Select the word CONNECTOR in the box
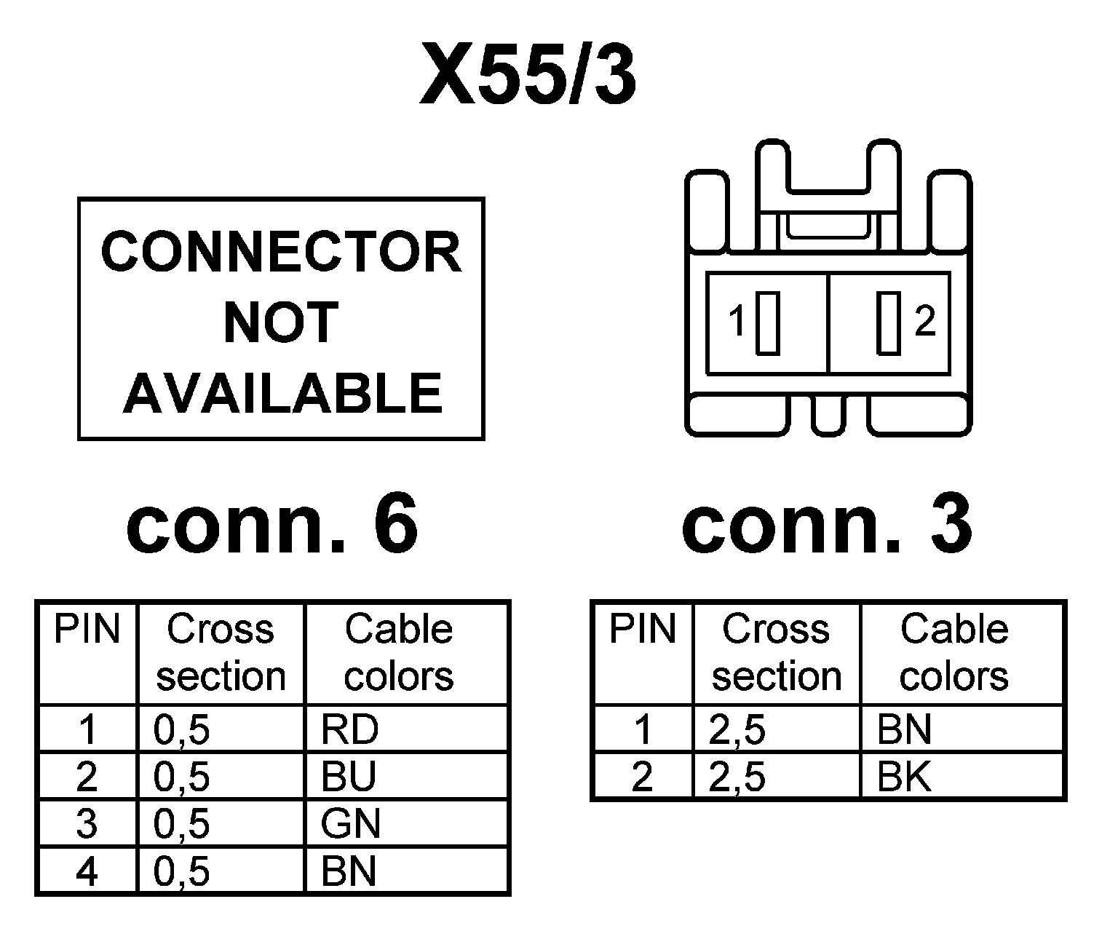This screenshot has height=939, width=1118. (281, 253)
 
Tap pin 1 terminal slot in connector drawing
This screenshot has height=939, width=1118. (768, 322)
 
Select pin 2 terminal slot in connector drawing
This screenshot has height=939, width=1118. (888, 322)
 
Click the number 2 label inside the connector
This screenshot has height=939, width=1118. (924, 321)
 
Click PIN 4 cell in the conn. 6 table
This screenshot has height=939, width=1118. (87, 871)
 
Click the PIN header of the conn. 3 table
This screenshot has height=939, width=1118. (642, 630)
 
